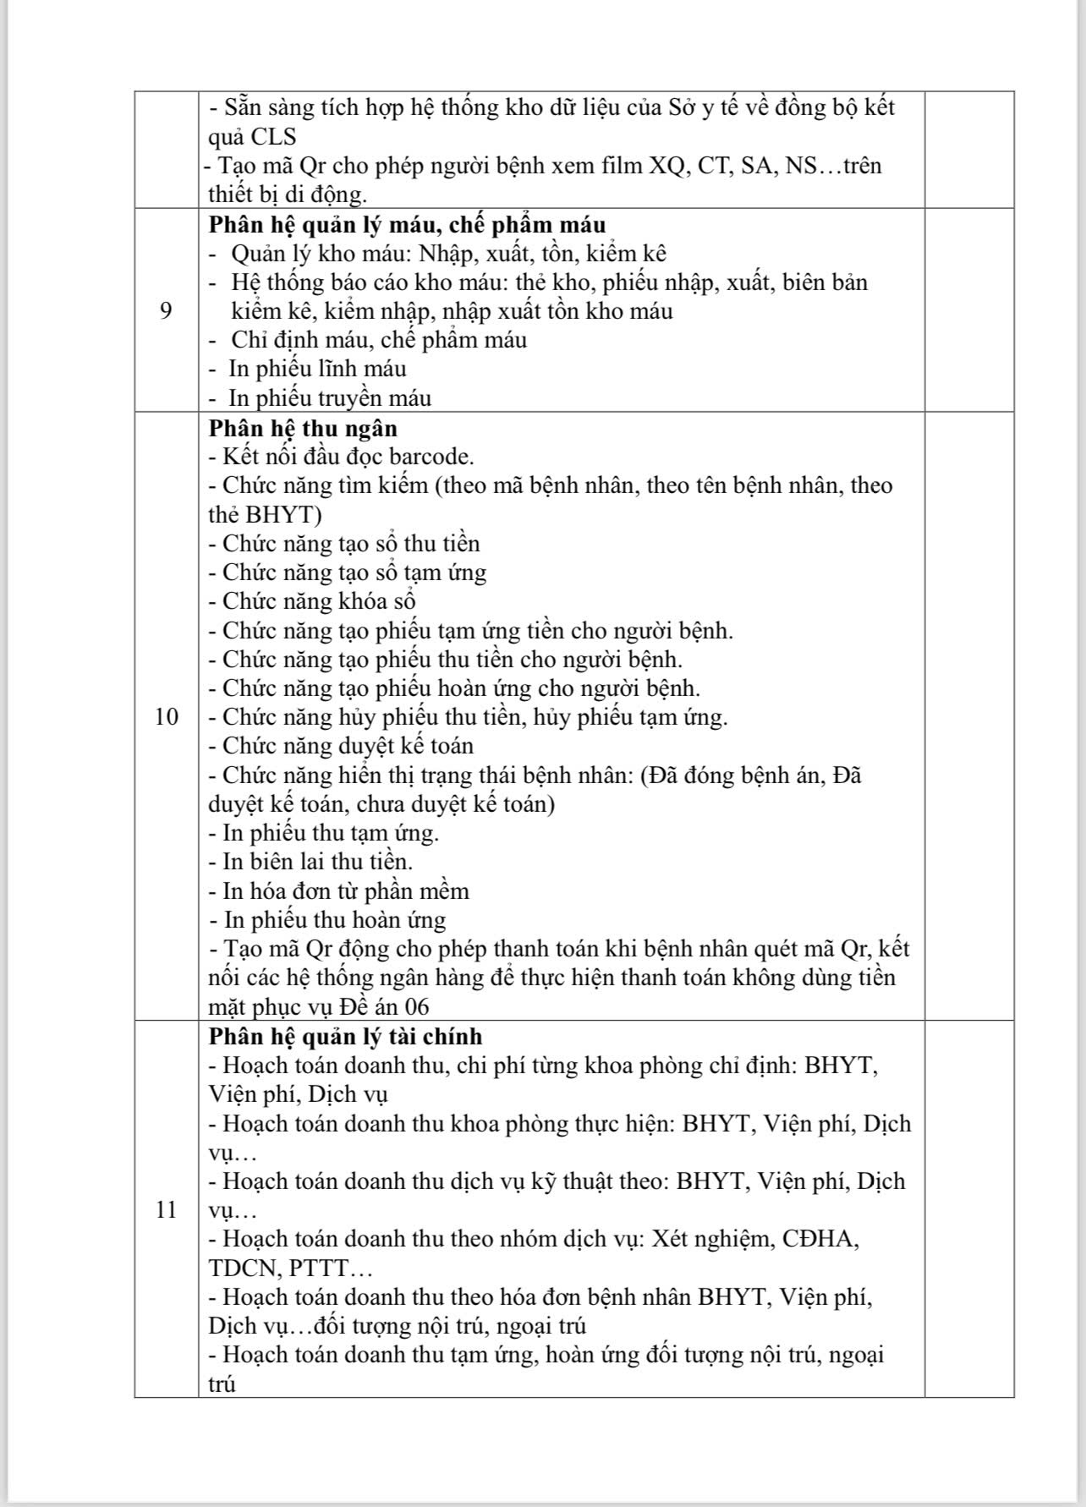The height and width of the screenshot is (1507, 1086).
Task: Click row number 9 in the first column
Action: point(166,311)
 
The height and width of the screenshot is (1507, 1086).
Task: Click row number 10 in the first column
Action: point(167,717)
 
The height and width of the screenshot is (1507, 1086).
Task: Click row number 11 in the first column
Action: point(167,1210)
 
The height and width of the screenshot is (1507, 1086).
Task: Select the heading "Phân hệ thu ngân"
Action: point(303,428)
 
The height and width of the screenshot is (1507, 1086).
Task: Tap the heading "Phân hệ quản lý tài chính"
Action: point(345,1036)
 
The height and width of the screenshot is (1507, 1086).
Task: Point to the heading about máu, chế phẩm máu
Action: point(407,225)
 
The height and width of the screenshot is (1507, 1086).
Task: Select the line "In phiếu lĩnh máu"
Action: point(317,369)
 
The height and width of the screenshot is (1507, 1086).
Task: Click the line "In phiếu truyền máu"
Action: point(330,398)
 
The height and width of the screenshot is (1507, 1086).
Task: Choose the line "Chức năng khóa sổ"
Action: point(319,601)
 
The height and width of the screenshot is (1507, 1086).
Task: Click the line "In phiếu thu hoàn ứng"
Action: point(334,920)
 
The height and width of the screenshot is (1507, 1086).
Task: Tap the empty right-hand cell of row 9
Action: point(968,311)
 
